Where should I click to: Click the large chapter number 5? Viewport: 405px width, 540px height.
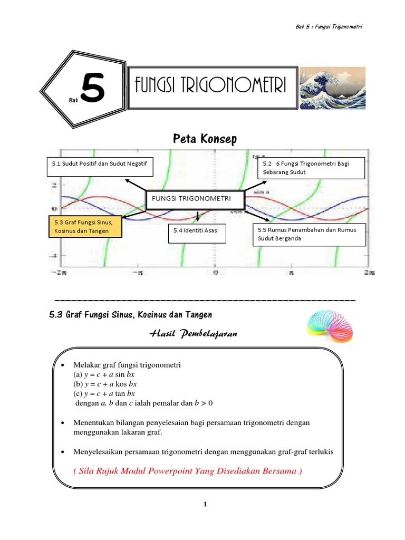93,89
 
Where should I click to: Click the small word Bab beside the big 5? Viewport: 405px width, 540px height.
73,99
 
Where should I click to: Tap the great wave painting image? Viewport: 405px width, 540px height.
332,88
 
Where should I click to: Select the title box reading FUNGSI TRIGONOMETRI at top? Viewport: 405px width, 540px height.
210,86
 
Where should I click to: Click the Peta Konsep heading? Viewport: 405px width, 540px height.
205,139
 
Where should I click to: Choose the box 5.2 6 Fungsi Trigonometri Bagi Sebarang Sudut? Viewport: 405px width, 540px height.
311,168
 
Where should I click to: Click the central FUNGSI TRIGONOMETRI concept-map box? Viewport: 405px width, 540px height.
195,200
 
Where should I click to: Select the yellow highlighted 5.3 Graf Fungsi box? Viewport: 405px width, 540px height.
84,227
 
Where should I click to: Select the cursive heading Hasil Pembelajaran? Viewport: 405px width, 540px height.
193,334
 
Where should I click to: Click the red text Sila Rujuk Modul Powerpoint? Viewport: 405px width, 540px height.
188,471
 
